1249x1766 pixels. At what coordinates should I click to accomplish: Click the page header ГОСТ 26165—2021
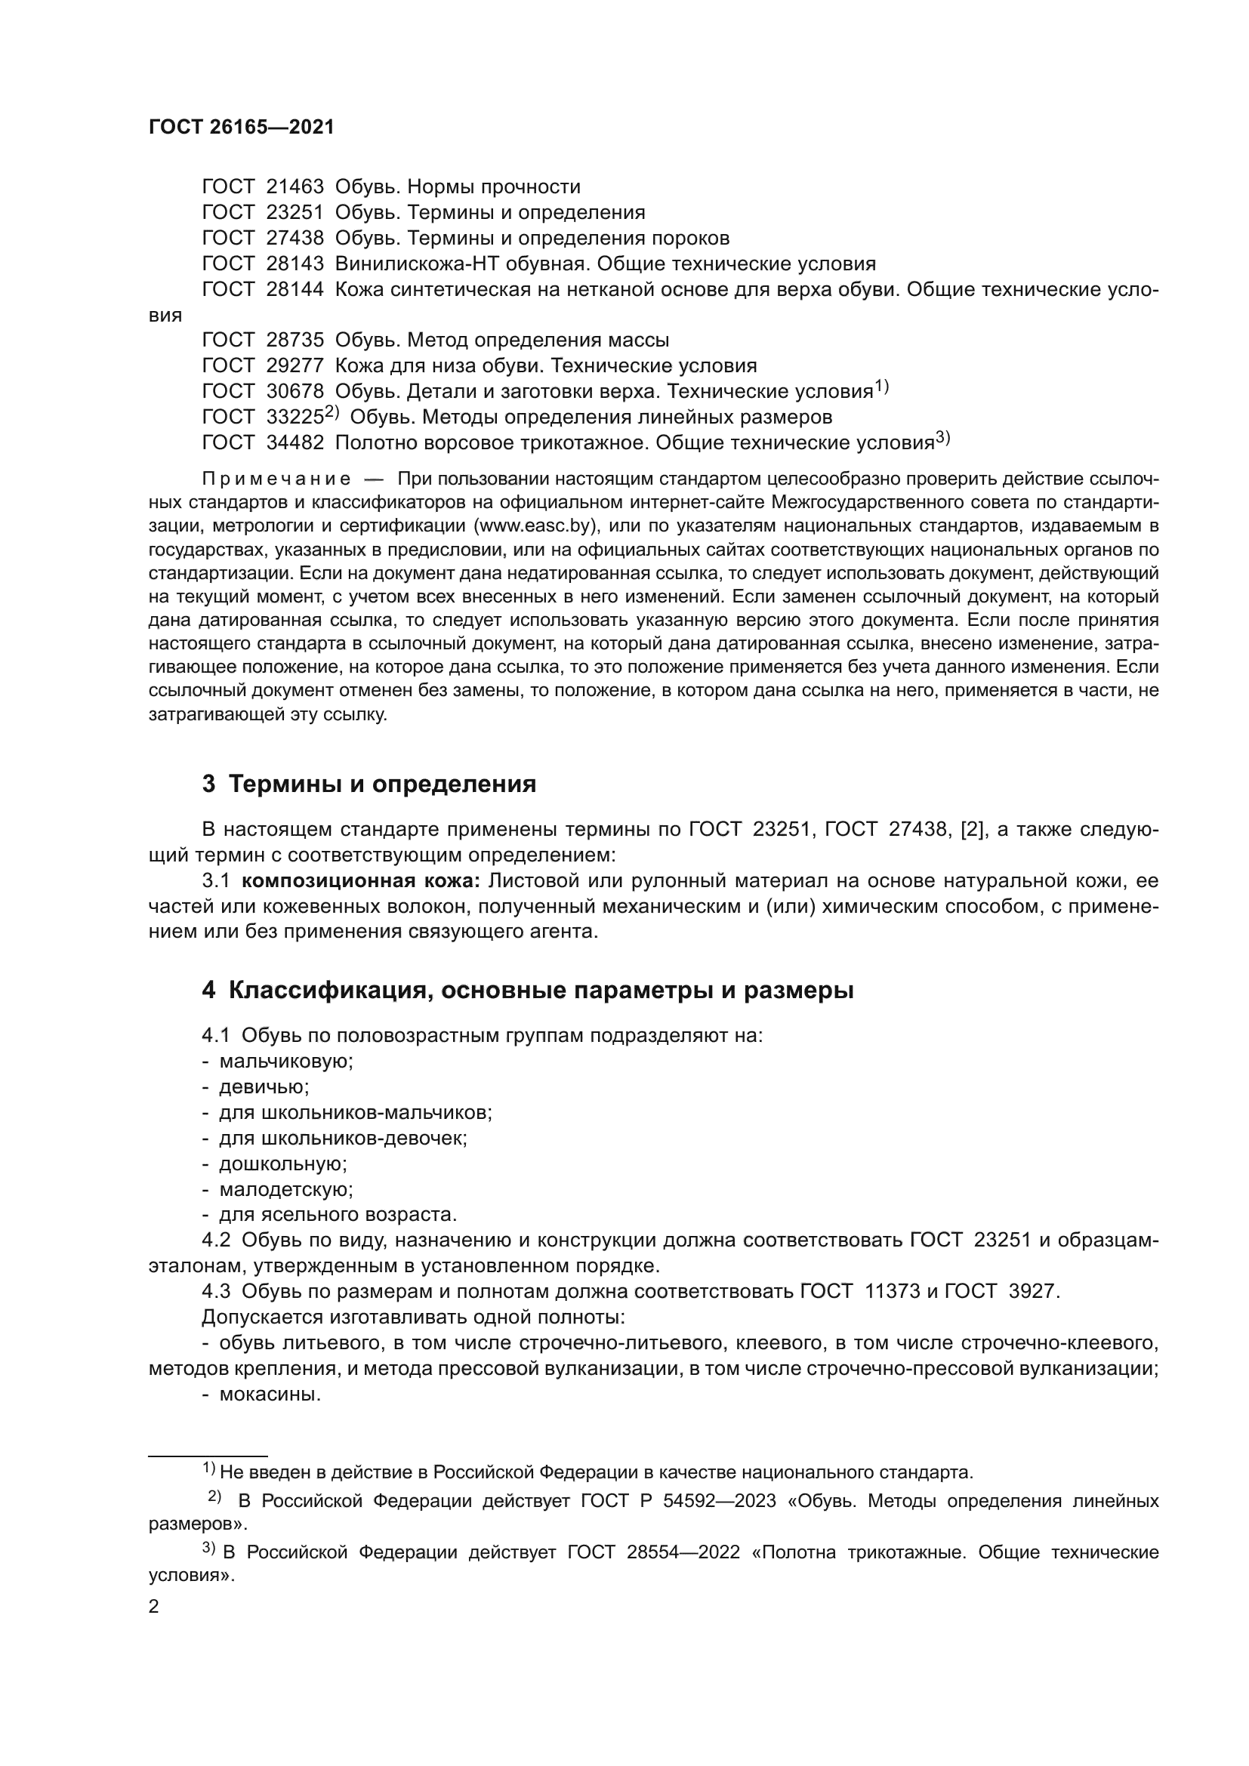[x=242, y=128]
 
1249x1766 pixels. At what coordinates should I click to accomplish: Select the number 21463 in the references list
[x=295, y=187]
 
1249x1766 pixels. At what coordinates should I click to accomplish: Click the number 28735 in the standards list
[x=295, y=340]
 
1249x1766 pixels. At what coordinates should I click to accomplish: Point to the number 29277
[x=295, y=365]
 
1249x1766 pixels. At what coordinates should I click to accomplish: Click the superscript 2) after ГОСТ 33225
[x=332, y=412]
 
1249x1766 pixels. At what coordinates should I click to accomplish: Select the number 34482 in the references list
[x=295, y=442]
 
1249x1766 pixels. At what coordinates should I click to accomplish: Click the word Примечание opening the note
[x=276, y=479]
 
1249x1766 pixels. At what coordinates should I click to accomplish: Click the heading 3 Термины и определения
[x=369, y=784]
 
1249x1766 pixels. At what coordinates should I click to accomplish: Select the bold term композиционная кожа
[x=361, y=880]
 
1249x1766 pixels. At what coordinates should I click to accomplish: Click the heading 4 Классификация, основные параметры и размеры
[x=528, y=990]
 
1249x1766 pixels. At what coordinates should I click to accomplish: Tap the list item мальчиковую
[x=286, y=1062]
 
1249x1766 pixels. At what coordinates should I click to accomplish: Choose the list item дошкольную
[x=283, y=1163]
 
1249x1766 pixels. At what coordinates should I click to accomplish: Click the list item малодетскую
[x=286, y=1189]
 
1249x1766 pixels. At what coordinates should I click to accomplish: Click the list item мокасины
[x=270, y=1394]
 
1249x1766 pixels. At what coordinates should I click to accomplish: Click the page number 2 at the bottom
[x=154, y=1606]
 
